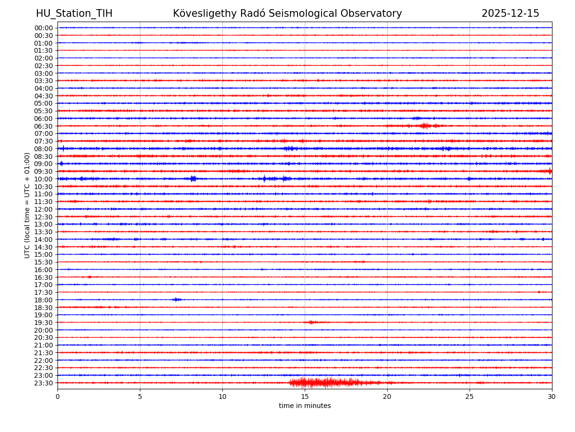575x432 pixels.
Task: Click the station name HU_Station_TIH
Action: click(74, 13)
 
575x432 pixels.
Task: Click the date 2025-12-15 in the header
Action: click(510, 13)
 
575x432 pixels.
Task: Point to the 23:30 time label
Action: click(44, 383)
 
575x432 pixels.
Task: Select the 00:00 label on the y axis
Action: click(44, 28)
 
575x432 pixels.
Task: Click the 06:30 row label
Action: click(44, 126)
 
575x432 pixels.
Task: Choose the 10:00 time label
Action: click(44, 179)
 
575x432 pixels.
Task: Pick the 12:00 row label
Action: click(44, 209)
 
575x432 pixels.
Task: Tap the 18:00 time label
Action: click(44, 300)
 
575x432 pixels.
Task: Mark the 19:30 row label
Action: click(44, 323)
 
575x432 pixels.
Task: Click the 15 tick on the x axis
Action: click(305, 397)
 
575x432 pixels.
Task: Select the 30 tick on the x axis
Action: click(552, 397)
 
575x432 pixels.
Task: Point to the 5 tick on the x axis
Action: click(140, 397)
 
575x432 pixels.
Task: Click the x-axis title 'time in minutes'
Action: click(305, 406)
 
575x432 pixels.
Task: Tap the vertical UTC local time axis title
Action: click(28, 205)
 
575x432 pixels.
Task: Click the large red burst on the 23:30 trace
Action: click(326, 383)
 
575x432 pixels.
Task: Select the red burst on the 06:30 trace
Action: click(424, 126)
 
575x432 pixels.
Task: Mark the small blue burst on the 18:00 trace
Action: click(176, 300)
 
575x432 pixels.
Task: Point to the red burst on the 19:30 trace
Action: click(312, 322)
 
